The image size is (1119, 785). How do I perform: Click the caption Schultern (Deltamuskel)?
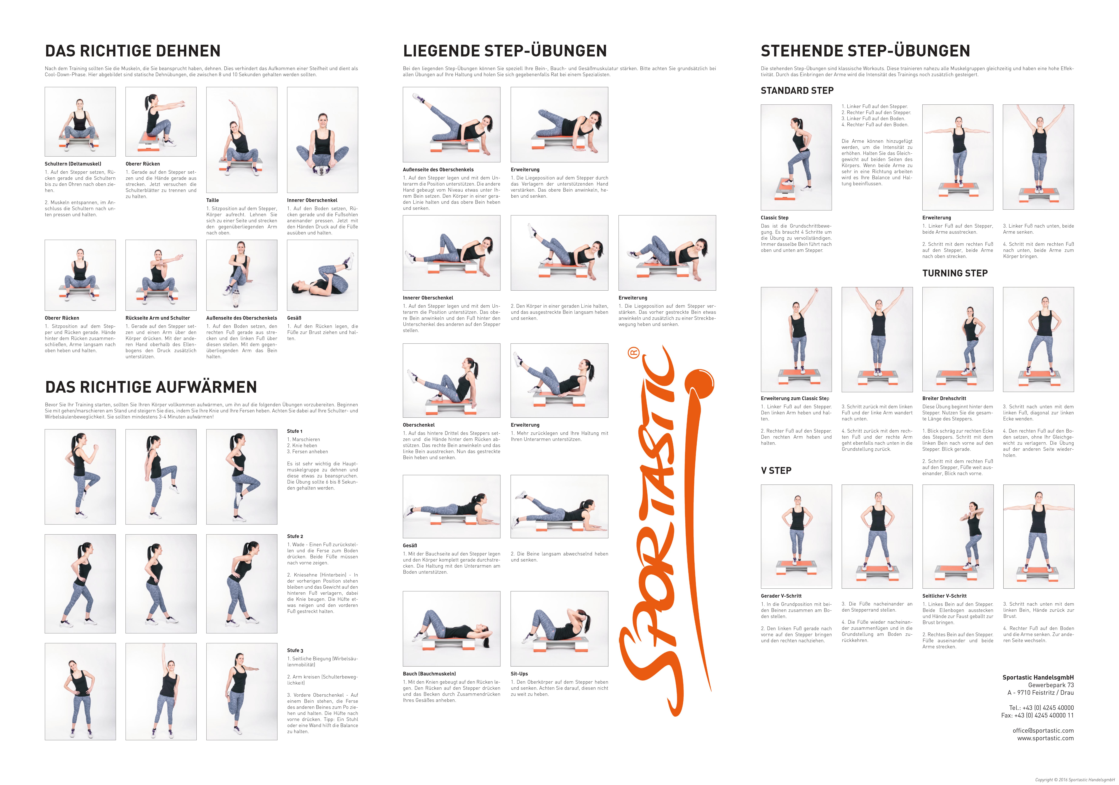click(73, 164)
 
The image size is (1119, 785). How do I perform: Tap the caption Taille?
click(213, 200)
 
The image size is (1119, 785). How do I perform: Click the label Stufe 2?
click(295, 536)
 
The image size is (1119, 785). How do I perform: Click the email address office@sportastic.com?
click(1043, 731)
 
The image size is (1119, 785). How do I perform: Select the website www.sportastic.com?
click(1045, 738)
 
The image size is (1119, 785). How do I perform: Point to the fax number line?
click(1038, 715)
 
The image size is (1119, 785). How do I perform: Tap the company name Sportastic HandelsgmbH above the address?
click(1038, 677)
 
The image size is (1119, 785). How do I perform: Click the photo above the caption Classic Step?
click(796, 157)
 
